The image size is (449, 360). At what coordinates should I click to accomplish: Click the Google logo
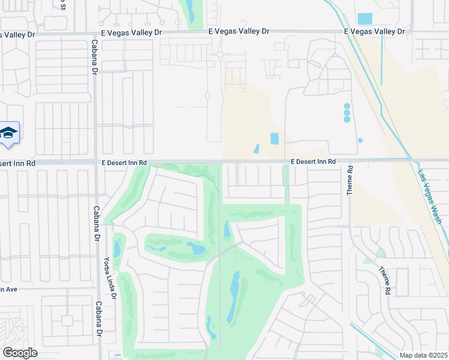[20, 352]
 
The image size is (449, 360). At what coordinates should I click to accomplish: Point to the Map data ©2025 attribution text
[423, 355]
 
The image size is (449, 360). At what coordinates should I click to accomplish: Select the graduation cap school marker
[9, 133]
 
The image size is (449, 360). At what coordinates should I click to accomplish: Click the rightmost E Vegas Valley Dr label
[375, 32]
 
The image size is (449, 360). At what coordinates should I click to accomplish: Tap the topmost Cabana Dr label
[94, 58]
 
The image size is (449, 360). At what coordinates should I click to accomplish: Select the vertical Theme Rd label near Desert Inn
[350, 181]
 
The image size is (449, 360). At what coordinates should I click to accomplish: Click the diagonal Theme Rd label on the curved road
[384, 280]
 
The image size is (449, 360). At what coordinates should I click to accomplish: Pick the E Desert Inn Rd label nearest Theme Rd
[313, 162]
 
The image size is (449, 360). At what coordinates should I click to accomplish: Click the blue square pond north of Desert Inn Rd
[275, 139]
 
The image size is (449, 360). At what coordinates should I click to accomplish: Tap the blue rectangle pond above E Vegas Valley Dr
[364, 19]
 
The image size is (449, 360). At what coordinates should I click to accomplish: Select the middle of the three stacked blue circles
[347, 113]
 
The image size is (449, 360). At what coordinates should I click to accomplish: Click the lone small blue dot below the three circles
[360, 140]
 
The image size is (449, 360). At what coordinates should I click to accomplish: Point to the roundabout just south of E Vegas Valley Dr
[220, 55]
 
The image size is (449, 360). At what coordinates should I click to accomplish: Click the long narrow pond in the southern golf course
[233, 297]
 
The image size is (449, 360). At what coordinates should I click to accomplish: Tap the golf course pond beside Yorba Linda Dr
[117, 249]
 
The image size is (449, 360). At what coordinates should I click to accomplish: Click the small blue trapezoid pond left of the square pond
[256, 149]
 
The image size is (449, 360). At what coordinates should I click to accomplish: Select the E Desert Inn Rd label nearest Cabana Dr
[124, 163]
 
